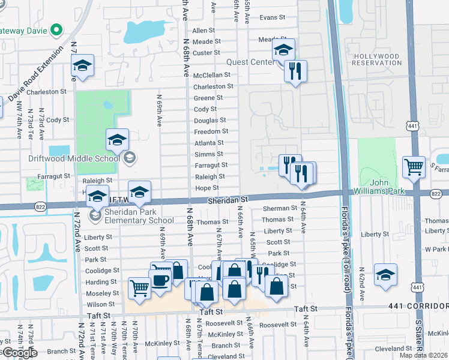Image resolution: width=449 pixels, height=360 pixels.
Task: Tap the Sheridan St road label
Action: coord(228,199)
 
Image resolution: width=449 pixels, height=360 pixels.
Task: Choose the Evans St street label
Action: coord(272,18)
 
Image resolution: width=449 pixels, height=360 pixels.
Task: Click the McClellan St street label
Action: coord(211,76)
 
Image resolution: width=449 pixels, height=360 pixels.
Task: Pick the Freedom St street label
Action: coord(211,131)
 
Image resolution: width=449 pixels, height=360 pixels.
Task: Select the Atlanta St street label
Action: coord(209,143)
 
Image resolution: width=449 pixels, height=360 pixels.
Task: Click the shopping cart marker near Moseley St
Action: coord(139,289)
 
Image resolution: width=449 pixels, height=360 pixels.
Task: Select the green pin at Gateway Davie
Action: coord(57,29)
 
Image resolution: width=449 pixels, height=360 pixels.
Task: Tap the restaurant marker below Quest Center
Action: coord(295,72)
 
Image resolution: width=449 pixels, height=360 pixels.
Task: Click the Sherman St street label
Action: coord(276,208)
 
